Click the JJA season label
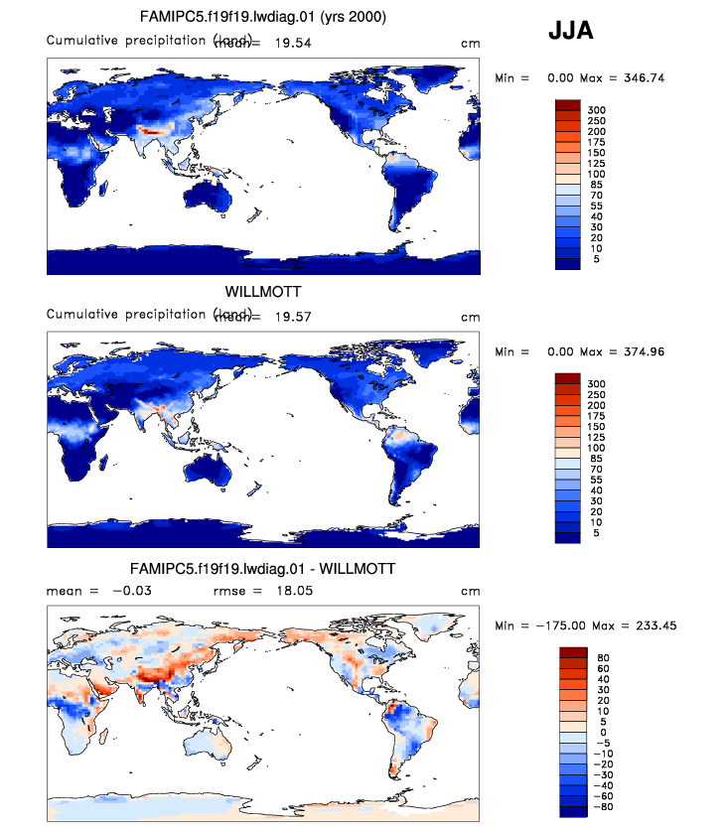coord(571,32)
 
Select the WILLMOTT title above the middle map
coord(262,293)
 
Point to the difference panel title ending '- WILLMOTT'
coord(263,569)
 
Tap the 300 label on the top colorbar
coord(596,110)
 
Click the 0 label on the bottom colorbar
coord(591,732)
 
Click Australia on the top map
coord(214,193)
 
